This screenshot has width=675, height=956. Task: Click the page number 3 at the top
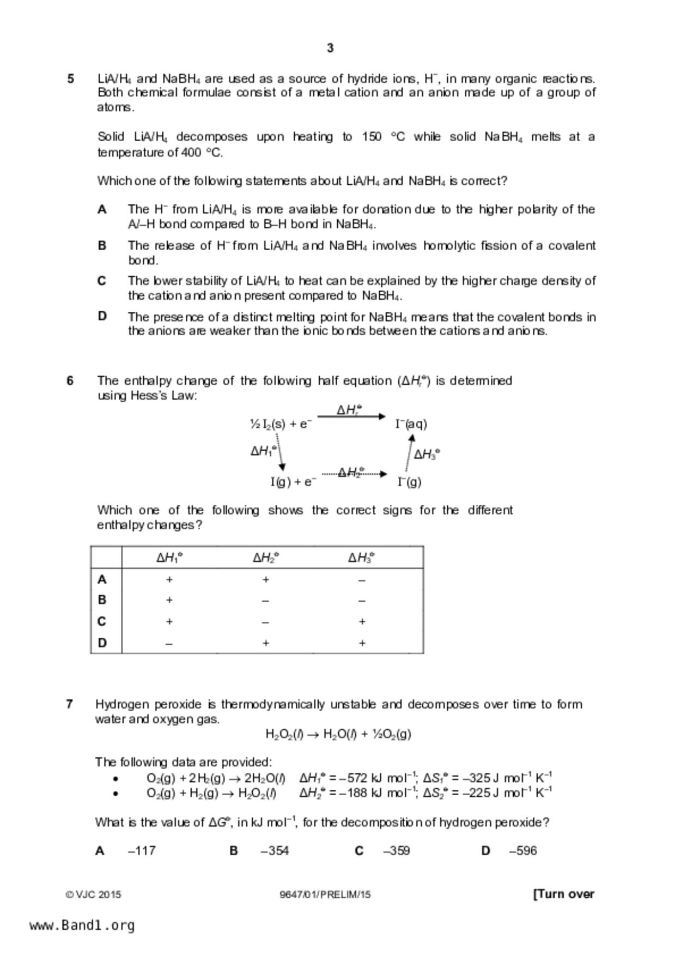(330, 49)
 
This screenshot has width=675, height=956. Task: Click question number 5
(71, 79)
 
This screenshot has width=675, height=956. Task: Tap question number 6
(70, 380)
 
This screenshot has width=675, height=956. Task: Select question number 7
(69, 704)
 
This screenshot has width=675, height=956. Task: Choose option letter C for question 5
(102, 281)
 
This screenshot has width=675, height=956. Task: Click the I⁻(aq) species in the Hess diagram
(411, 424)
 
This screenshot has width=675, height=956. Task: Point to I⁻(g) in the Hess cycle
(410, 482)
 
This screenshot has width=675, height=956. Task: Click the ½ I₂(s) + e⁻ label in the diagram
(281, 424)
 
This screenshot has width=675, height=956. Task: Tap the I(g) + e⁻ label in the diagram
(293, 482)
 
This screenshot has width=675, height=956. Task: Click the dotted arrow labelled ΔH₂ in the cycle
(354, 474)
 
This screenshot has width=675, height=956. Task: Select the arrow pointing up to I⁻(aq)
(409, 452)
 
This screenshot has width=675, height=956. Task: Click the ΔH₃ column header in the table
(362, 558)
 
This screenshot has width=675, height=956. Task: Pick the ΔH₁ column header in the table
(169, 558)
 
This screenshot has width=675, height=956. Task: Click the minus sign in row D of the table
(169, 643)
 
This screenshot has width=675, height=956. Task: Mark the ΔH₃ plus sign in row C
(362, 622)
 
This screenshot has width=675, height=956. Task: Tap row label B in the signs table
(102, 600)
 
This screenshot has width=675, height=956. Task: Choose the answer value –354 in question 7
(275, 851)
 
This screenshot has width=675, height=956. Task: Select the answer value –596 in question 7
(522, 851)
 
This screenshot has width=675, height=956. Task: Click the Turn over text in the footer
(564, 894)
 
